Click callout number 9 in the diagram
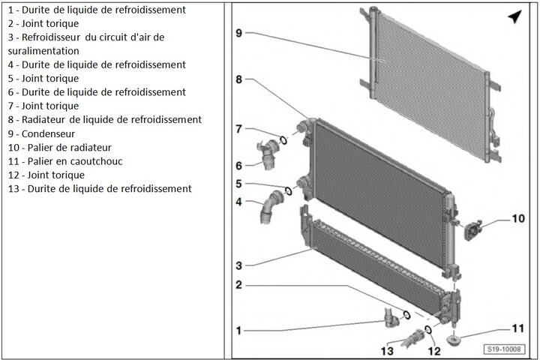point(238,33)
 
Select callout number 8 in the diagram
point(238,79)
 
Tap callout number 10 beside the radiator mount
point(519,219)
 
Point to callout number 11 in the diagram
point(518,328)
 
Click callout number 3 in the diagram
point(238,265)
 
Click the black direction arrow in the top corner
point(514,16)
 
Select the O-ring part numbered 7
point(283,139)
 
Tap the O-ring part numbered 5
point(287,189)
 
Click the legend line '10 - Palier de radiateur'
point(59,147)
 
